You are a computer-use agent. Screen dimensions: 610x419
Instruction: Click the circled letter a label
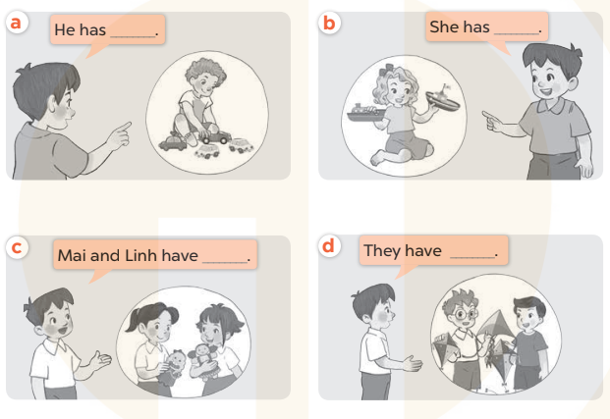pyautogui.click(x=16, y=23)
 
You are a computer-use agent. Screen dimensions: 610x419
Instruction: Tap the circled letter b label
pyautogui.click(x=329, y=23)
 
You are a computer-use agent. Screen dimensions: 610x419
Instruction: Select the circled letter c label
pyautogui.click(x=17, y=247)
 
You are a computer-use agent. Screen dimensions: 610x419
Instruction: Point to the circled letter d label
pyautogui.click(x=329, y=246)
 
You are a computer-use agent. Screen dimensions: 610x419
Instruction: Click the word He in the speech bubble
pyautogui.click(x=64, y=29)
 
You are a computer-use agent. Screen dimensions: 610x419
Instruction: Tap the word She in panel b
pyautogui.click(x=444, y=26)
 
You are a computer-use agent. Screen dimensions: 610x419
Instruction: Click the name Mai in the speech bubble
pyautogui.click(x=72, y=256)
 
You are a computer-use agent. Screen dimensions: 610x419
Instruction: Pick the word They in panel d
pyautogui.click(x=383, y=251)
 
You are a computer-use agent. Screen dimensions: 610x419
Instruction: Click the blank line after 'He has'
pyautogui.click(x=134, y=36)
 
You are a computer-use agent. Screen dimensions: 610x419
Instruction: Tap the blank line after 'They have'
pyautogui.click(x=472, y=257)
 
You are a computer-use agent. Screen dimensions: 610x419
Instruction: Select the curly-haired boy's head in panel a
pyautogui.click(x=204, y=77)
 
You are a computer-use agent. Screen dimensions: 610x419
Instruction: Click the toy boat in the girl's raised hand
pyautogui.click(x=442, y=99)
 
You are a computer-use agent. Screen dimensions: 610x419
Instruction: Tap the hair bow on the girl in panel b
pyautogui.click(x=390, y=70)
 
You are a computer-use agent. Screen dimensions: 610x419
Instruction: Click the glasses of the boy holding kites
pyautogui.click(x=464, y=313)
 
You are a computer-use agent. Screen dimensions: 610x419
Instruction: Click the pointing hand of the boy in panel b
pyautogui.click(x=492, y=121)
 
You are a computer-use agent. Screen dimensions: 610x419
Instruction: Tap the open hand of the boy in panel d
pyautogui.click(x=414, y=363)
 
